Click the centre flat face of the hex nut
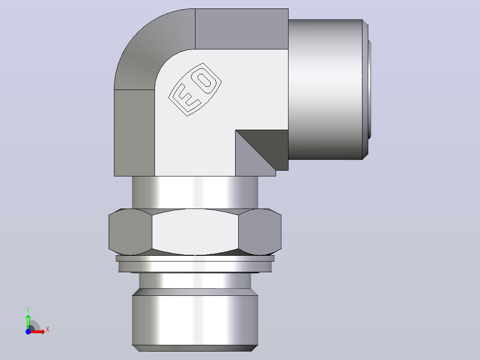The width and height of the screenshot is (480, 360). [x=195, y=232]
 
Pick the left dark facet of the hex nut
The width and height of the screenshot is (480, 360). [x=130, y=232]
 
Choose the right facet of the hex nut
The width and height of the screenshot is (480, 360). [x=260, y=232]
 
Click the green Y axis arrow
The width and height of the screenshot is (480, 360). [x=28, y=322]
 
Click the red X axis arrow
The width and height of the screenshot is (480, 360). [x=37, y=331]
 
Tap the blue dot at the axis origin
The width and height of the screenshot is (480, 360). [x=28, y=331]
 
